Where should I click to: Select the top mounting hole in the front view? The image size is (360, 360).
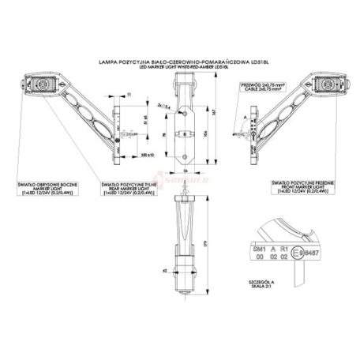pyautogui.click(x=185, y=105)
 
